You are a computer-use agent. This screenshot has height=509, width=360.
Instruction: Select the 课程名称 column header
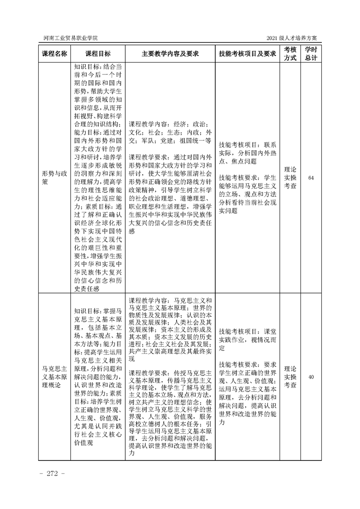(54, 54)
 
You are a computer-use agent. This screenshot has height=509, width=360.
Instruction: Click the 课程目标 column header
(98, 54)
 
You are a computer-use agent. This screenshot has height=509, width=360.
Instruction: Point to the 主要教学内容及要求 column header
(170, 54)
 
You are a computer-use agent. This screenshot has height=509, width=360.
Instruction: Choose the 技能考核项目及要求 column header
(247, 54)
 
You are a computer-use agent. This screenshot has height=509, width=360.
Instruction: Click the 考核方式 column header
(290, 54)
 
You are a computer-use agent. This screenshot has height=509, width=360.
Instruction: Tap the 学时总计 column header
(311, 54)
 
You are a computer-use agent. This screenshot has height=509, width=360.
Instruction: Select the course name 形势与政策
(54, 177)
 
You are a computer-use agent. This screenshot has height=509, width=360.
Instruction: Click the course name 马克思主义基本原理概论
(54, 377)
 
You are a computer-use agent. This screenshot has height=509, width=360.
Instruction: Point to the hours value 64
(311, 177)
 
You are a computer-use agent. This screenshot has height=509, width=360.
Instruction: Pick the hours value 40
(311, 377)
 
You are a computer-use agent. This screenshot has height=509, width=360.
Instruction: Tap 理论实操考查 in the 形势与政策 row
(290, 177)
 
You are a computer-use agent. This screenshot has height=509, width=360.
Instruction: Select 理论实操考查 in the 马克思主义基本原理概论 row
(290, 377)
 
